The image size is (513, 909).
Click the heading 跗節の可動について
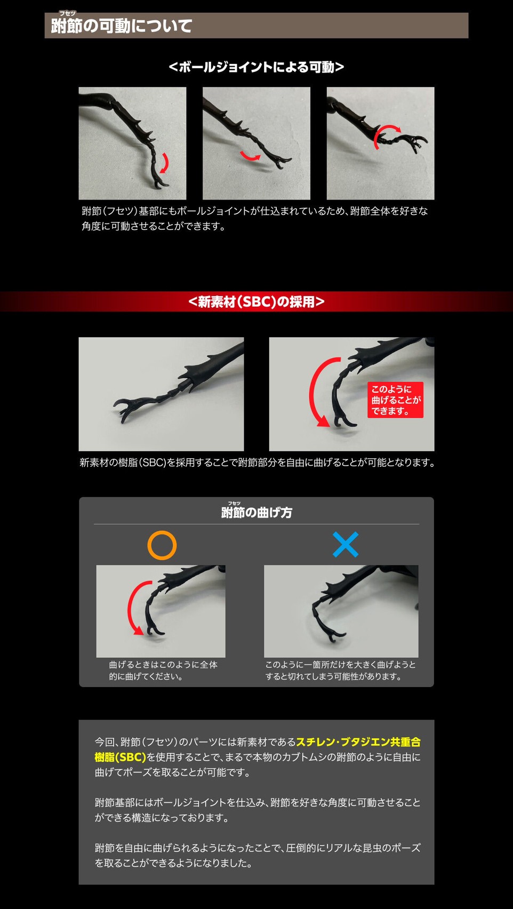(x=122, y=26)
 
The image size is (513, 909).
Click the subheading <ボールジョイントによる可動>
(x=256, y=67)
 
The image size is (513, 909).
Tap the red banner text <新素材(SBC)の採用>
(x=256, y=302)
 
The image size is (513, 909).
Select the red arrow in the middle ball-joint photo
(x=249, y=156)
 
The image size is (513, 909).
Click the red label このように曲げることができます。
(x=396, y=400)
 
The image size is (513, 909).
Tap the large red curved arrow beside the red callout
(x=319, y=393)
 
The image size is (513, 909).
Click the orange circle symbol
(x=162, y=545)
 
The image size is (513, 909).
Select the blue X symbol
(x=346, y=545)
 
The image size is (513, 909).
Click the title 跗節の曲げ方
(x=256, y=513)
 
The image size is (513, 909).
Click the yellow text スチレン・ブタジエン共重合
(x=358, y=742)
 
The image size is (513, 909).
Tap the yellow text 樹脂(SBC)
(x=121, y=757)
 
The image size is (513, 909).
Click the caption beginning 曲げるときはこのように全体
(x=163, y=671)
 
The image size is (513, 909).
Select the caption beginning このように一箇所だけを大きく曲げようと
(x=341, y=671)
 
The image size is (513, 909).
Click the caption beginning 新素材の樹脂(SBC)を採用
(x=257, y=463)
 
